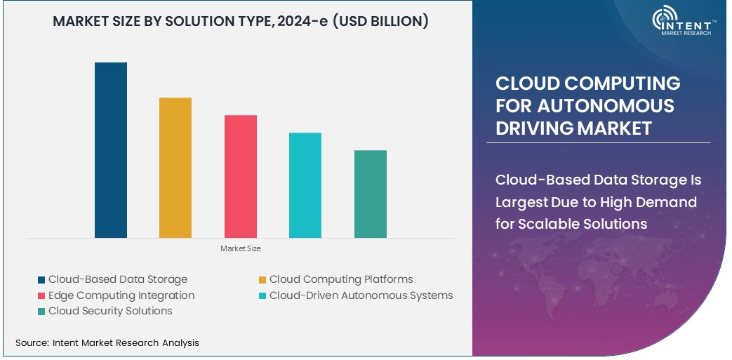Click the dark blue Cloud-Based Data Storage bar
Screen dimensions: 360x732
[x=111, y=150]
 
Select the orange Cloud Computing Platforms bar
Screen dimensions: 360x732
[x=175, y=168]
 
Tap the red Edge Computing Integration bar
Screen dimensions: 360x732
[x=241, y=176]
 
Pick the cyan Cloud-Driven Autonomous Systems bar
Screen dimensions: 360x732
[x=305, y=185]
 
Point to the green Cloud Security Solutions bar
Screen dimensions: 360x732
[x=371, y=194]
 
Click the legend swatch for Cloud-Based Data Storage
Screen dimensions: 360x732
[x=41, y=280]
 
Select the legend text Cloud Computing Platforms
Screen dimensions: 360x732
[x=341, y=279]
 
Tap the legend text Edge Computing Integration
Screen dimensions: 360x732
[x=121, y=295]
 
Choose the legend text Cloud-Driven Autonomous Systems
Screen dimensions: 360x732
[x=361, y=295]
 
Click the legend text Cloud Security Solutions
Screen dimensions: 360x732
[x=110, y=311]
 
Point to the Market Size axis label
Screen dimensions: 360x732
[x=240, y=248]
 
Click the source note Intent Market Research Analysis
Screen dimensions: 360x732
[x=124, y=343]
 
